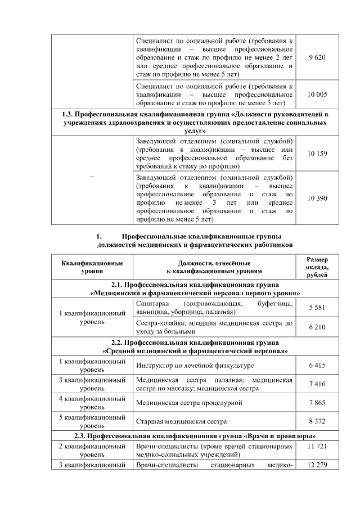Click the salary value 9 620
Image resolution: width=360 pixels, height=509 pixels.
click(317, 58)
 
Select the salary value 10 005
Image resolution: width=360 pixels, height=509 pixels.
click(317, 94)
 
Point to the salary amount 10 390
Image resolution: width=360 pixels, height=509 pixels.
click(317, 198)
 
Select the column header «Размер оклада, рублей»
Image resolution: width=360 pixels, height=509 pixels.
click(317, 267)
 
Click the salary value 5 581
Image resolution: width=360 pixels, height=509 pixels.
click(317, 308)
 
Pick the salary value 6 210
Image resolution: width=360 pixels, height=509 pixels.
click(317, 327)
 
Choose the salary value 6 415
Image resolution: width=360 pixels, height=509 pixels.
click(317, 366)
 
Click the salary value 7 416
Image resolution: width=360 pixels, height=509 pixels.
click(317, 384)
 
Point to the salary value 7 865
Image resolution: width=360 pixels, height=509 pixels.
click(317, 403)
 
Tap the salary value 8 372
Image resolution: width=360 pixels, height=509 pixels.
click(317, 421)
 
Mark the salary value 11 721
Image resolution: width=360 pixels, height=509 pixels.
click(317, 445)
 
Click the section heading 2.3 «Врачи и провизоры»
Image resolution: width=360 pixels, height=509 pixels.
click(195, 436)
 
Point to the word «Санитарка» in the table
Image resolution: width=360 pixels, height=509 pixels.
click(152, 304)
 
